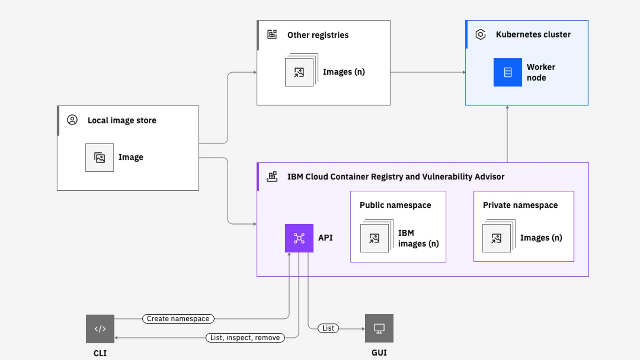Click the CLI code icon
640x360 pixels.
tap(100, 329)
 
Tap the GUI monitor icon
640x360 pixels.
tap(379, 328)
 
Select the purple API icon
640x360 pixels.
tap(299, 238)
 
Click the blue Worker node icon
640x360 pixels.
tap(507, 72)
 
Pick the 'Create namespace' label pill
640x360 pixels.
tap(178, 319)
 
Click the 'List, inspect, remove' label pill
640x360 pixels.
tap(245, 338)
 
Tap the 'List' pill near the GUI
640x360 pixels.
tap(328, 328)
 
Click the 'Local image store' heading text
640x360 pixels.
tap(122, 120)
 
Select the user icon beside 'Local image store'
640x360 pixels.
tap(72, 120)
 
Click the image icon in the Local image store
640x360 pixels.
tap(99, 158)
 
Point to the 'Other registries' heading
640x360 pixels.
tap(318, 35)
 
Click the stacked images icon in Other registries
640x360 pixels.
tap(300, 72)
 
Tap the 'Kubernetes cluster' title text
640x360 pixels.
tap(533, 35)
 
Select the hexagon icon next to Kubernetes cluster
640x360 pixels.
tap(480, 35)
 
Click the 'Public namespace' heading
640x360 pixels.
tap(395, 205)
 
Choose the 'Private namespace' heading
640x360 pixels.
tap(520, 205)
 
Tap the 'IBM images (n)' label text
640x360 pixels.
tap(418, 238)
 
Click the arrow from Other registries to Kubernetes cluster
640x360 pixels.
tap(427, 72)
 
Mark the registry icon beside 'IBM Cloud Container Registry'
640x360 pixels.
tap(272, 177)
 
